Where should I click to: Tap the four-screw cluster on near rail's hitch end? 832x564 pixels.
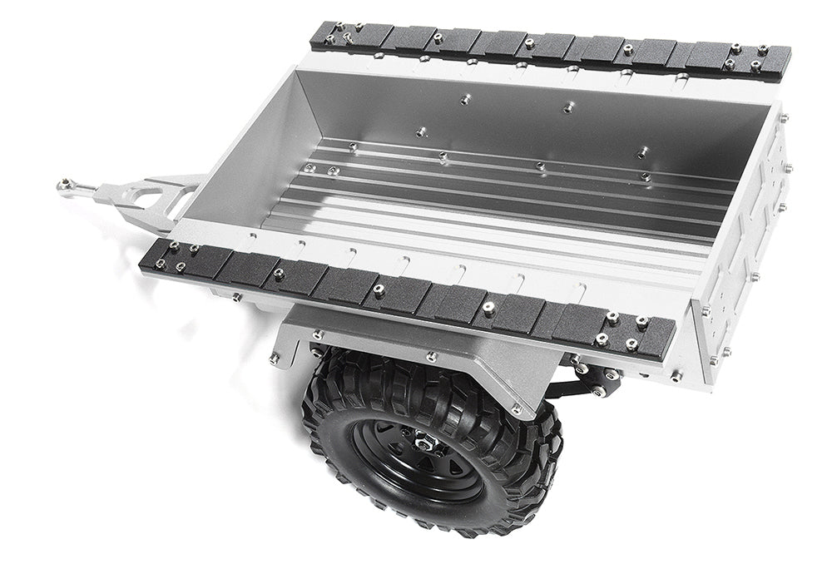coord(181,256)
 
